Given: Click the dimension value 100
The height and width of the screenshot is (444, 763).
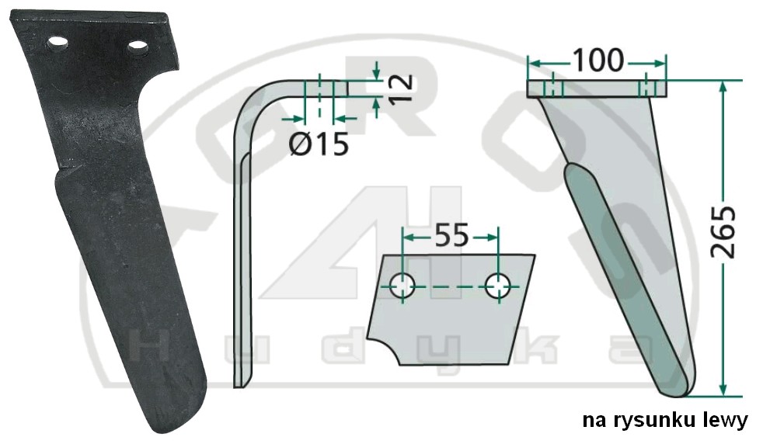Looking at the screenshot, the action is (598, 60).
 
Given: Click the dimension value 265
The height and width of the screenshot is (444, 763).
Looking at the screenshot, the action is (723, 232).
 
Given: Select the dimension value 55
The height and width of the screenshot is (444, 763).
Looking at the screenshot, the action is (451, 235).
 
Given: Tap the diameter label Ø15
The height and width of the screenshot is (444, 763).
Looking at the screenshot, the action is (319, 144).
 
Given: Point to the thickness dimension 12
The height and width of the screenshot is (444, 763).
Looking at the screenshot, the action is (402, 88).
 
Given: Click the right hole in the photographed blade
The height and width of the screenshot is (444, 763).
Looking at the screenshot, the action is (138, 47).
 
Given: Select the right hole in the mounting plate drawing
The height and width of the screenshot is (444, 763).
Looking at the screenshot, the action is (498, 286).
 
